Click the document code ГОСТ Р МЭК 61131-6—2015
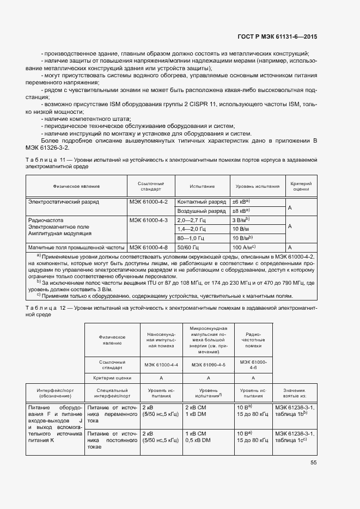(278, 37)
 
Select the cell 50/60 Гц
(188, 247)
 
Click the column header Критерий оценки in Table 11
(301, 187)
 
